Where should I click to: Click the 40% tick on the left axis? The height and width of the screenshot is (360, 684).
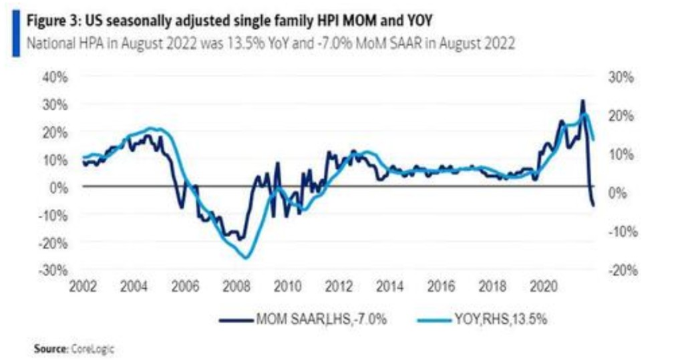(57, 77)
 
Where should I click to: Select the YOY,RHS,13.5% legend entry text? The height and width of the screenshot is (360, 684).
(495, 319)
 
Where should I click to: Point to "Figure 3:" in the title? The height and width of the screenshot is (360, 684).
(51, 20)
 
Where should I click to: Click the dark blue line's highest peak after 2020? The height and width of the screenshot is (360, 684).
(582, 101)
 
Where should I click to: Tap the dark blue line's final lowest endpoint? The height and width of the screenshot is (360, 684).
(594, 205)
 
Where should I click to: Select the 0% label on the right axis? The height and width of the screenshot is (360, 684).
(621, 193)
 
